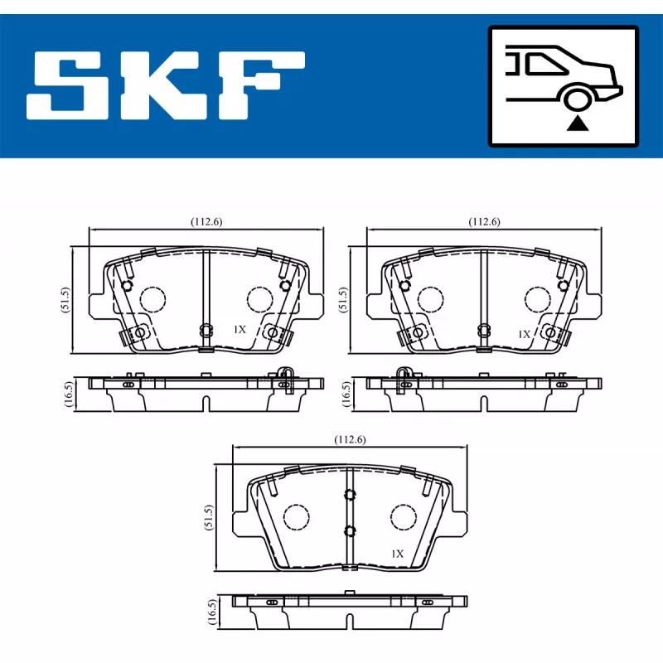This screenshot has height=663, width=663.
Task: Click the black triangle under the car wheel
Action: pos(578,125)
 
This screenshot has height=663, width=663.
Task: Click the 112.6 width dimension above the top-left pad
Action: pos(206,221)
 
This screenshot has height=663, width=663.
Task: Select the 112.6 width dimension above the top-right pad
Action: pos(483,221)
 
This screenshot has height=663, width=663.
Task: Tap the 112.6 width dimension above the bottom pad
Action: pos(349,439)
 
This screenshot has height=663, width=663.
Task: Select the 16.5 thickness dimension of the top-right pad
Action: pos(344,394)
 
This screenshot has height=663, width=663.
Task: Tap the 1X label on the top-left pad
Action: pos(240,329)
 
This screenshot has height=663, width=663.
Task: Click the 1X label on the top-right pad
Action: pos(524,334)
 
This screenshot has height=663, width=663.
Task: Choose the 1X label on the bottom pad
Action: pos(397,553)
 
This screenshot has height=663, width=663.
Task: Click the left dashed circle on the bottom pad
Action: pos(296,517)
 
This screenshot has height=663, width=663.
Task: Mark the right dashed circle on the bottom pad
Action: pos(403,517)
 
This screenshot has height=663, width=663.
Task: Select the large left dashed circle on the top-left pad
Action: pos(152,298)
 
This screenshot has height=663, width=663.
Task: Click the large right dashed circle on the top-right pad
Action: pos(537,298)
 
